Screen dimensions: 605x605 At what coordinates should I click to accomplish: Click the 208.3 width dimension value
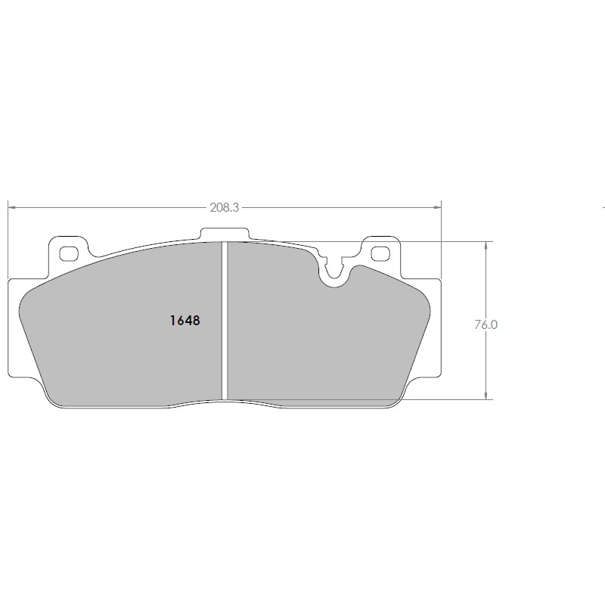(224, 207)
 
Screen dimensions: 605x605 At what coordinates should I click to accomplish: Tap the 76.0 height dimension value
(486, 325)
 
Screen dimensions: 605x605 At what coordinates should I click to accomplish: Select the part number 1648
(185, 321)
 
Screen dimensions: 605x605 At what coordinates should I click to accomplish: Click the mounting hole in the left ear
(69, 253)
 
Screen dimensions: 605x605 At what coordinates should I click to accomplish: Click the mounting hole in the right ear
(380, 253)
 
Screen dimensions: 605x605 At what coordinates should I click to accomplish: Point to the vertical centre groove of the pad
(225, 320)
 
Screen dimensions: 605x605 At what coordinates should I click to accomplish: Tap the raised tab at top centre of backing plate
(225, 234)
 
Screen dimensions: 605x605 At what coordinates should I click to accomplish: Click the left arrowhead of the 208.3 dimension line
(11, 207)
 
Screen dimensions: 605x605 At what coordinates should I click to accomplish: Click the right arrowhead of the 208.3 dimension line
(437, 207)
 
